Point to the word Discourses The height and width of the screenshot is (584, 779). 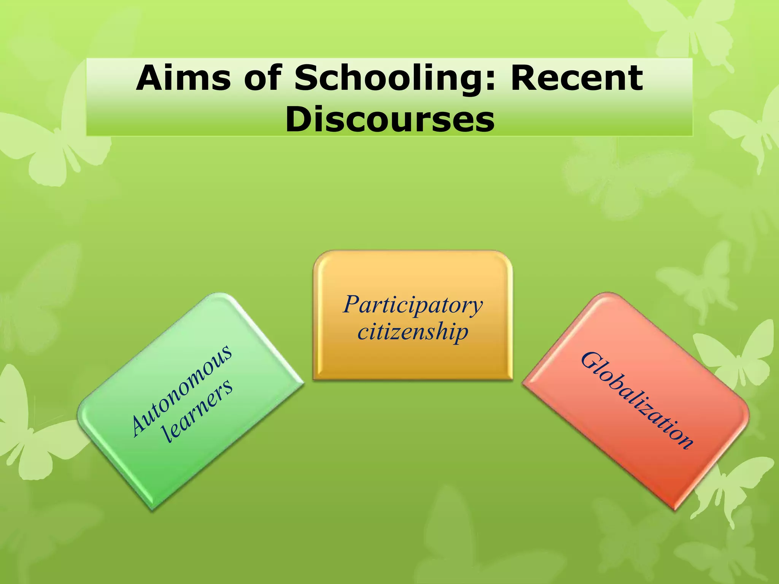390,119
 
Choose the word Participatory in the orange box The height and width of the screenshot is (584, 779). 413,305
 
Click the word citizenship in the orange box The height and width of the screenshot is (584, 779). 413,332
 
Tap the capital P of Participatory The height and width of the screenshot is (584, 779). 351,305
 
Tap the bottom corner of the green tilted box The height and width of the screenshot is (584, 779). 152,509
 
